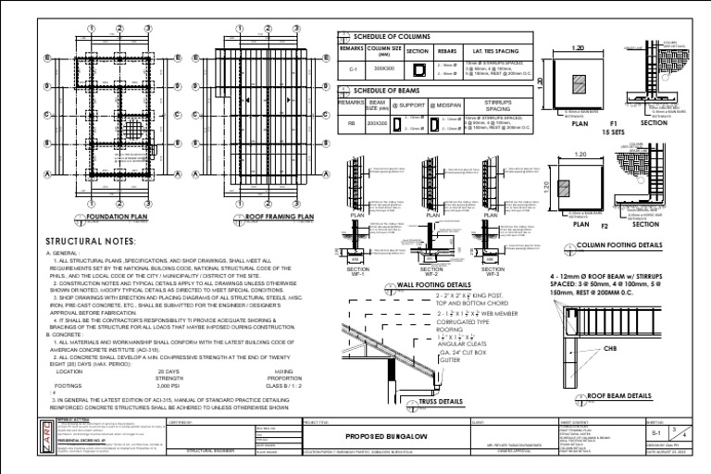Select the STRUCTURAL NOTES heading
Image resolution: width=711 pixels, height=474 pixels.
[90, 242]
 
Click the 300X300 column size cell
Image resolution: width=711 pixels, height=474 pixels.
[380, 69]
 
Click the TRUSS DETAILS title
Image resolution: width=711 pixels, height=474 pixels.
[437, 402]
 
